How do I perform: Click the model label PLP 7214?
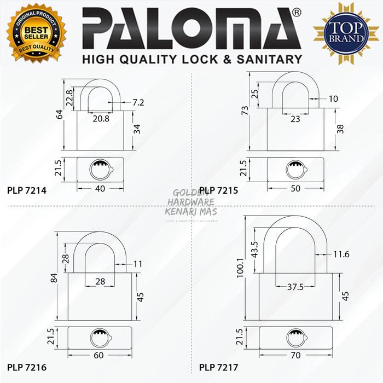pos(27,191)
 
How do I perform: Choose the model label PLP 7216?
pos(27,366)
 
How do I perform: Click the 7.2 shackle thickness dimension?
pos(138,102)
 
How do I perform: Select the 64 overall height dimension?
pos(59,115)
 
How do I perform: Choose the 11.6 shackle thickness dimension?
pos(340,255)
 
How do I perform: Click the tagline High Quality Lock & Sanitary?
pos(191,59)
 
